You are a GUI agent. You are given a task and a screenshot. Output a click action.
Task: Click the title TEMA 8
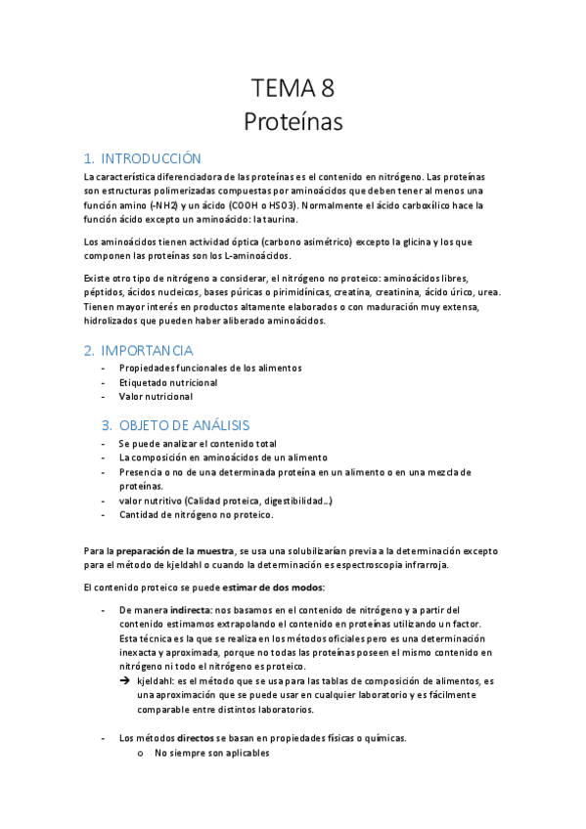pyautogui.click(x=293, y=89)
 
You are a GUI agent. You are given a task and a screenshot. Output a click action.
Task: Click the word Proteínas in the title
pyautogui.click(x=293, y=122)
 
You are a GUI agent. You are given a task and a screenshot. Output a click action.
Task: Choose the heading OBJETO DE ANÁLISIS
pyautogui.click(x=184, y=425)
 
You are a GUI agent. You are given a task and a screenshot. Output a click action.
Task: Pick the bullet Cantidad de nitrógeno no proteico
pyautogui.click(x=196, y=515)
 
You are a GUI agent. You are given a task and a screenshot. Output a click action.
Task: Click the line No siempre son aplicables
pyautogui.click(x=211, y=753)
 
